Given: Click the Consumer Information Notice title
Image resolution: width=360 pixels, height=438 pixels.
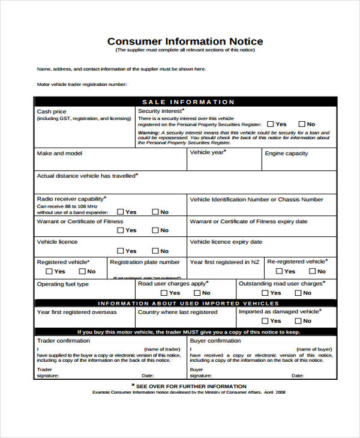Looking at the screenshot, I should click(185, 41).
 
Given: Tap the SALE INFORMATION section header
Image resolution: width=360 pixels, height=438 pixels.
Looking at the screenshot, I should click(188, 102).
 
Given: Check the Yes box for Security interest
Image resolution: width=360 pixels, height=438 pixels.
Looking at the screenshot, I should click(271, 124).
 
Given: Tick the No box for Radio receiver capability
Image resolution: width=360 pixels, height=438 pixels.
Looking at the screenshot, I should click(155, 212).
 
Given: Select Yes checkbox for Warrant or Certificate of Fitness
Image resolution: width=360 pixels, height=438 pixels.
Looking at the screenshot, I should click(121, 230).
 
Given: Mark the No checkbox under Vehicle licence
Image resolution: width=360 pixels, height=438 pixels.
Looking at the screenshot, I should click(155, 251).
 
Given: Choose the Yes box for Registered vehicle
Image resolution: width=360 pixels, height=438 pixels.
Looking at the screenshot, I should click(50, 271).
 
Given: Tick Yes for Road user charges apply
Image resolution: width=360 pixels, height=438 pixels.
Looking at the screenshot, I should click(164, 293).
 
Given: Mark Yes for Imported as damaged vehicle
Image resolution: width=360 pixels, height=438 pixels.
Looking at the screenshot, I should click(265, 321).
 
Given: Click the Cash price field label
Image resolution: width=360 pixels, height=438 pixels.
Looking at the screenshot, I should click(52, 112).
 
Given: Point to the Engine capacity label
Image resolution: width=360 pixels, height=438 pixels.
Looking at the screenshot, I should click(286, 154).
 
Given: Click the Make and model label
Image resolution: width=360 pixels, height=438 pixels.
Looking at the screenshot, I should click(59, 154).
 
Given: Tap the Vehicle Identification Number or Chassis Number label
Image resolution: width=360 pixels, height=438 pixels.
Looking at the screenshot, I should click(256, 200).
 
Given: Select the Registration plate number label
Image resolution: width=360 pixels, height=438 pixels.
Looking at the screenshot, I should click(145, 262).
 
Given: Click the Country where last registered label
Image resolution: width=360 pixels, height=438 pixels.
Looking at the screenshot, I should click(178, 312).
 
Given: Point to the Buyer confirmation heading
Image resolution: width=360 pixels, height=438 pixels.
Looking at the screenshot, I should click(215, 341).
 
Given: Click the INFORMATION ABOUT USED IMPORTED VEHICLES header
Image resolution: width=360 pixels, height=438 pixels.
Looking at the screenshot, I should click(188, 304).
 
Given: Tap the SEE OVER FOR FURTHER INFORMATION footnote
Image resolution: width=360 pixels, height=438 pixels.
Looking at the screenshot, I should click(188, 386).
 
